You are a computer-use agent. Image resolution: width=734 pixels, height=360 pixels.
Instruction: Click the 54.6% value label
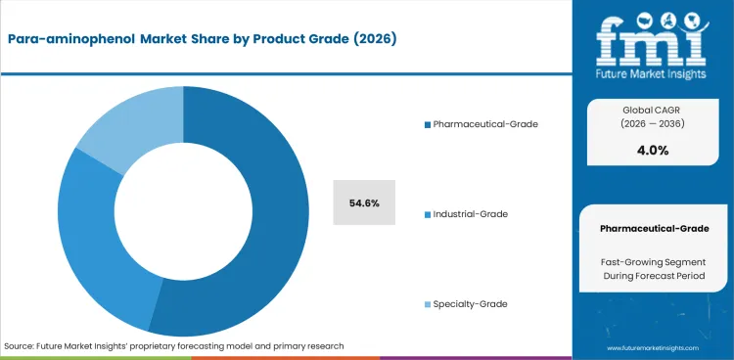pos(364,202)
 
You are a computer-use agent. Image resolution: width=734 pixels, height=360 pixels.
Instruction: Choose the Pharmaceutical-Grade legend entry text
pos(484,124)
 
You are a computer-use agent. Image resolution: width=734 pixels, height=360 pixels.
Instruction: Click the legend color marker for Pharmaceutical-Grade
pos(427,125)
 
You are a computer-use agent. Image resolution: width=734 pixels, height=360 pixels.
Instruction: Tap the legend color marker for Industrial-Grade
pos(427,214)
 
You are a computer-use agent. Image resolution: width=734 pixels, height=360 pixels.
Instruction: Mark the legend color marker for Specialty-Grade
pos(427,305)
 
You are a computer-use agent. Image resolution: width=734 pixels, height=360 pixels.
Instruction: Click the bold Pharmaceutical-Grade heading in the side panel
pos(654,228)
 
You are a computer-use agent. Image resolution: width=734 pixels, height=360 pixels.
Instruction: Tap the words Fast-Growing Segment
pos(654,261)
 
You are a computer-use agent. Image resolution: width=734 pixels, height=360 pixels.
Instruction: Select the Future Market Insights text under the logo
pos(654,71)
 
